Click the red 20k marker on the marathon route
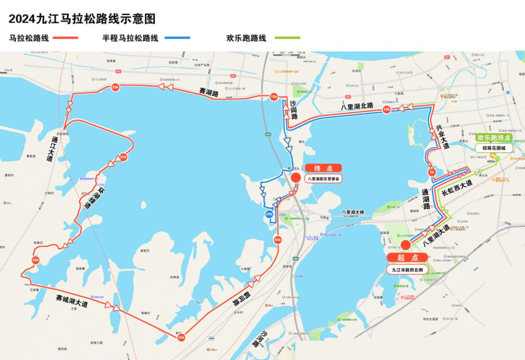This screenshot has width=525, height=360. pyautogui.click(x=115, y=87)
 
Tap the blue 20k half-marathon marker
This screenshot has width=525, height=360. pyautogui.click(x=269, y=214)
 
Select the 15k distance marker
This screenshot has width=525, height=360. pyautogui.click(x=274, y=97)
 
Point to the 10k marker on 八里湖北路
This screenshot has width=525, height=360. pyautogui.click(x=387, y=110)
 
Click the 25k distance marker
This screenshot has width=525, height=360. pyautogui.click(x=123, y=157)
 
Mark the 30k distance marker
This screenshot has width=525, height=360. pyautogui.click(x=35, y=260)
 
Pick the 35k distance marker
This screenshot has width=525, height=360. pyautogui.click(x=180, y=338)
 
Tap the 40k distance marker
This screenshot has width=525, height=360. pyautogui.click(x=278, y=240)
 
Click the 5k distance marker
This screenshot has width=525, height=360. pyautogui.click(x=432, y=172)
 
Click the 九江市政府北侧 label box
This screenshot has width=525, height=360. pyautogui.click(x=408, y=269)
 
